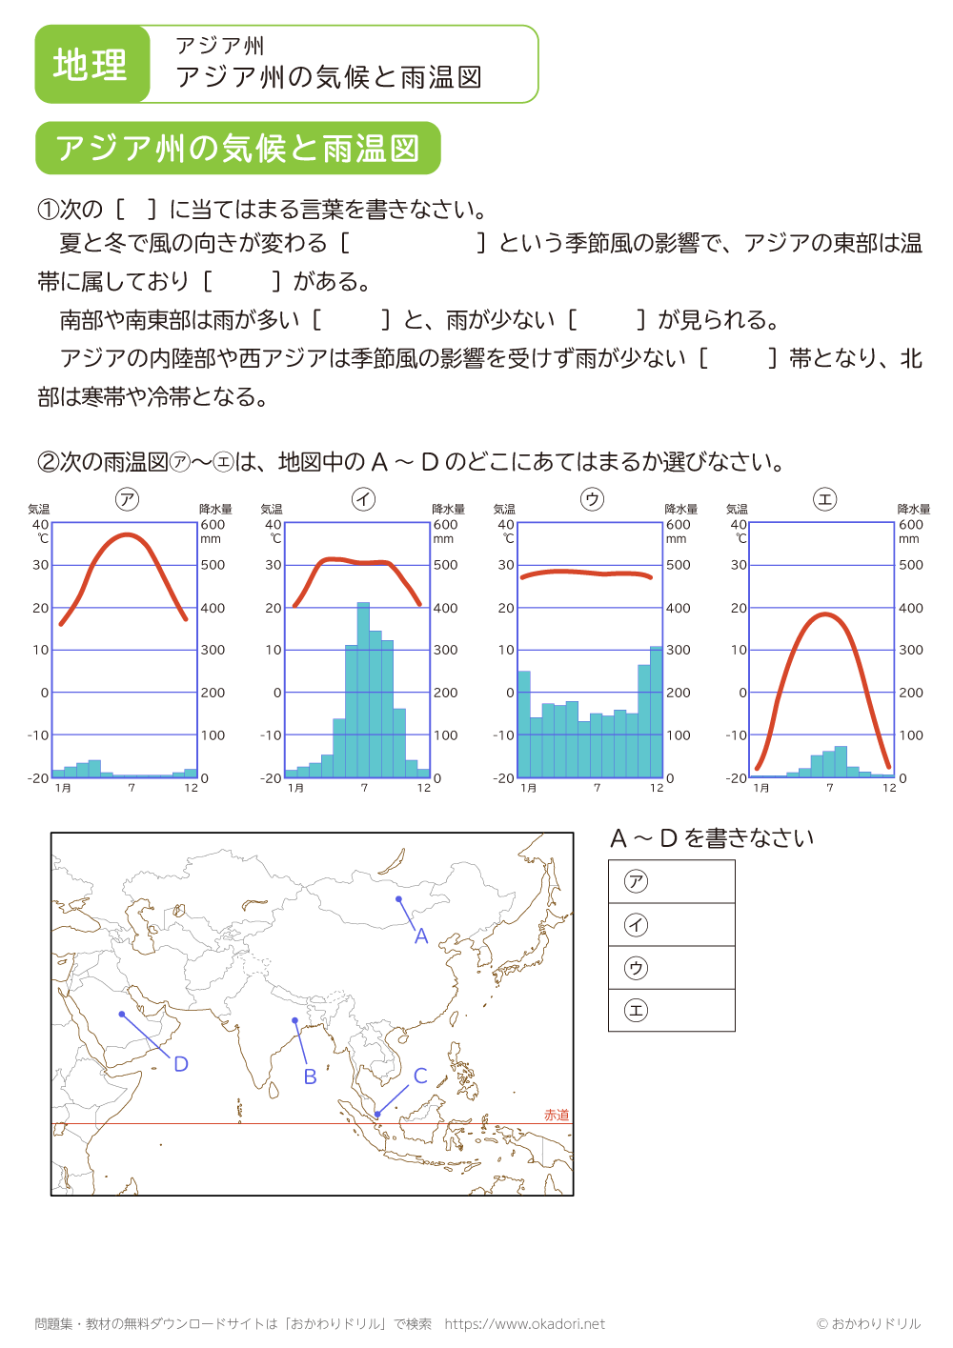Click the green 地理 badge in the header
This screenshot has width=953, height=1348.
(91, 65)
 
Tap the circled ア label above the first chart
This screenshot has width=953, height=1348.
(127, 499)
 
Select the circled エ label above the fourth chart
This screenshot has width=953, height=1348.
(824, 499)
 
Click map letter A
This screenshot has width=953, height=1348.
(421, 936)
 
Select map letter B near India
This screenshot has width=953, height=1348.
(310, 1076)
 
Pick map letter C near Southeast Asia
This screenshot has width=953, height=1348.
(420, 1076)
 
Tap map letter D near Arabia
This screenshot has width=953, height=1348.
(181, 1064)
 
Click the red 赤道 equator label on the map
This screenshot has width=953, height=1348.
(557, 1115)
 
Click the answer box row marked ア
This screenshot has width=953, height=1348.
(672, 882)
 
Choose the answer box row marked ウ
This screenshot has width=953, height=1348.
(672, 968)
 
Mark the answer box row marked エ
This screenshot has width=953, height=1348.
(672, 1010)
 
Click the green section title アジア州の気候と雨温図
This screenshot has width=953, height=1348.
(238, 149)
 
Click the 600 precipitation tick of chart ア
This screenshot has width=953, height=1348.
(213, 525)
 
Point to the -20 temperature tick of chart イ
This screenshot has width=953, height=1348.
(271, 778)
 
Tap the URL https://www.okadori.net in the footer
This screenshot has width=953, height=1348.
(524, 1324)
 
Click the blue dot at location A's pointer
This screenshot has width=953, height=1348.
(398, 898)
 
